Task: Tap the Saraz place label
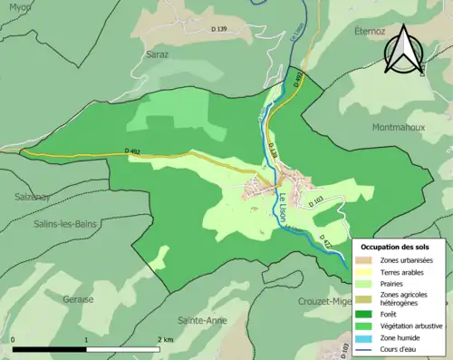(x=158, y=54)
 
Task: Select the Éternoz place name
(x=370, y=32)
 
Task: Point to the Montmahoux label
(x=397, y=127)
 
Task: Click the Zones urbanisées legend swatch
(x=368, y=260)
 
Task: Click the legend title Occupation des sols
(x=396, y=247)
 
